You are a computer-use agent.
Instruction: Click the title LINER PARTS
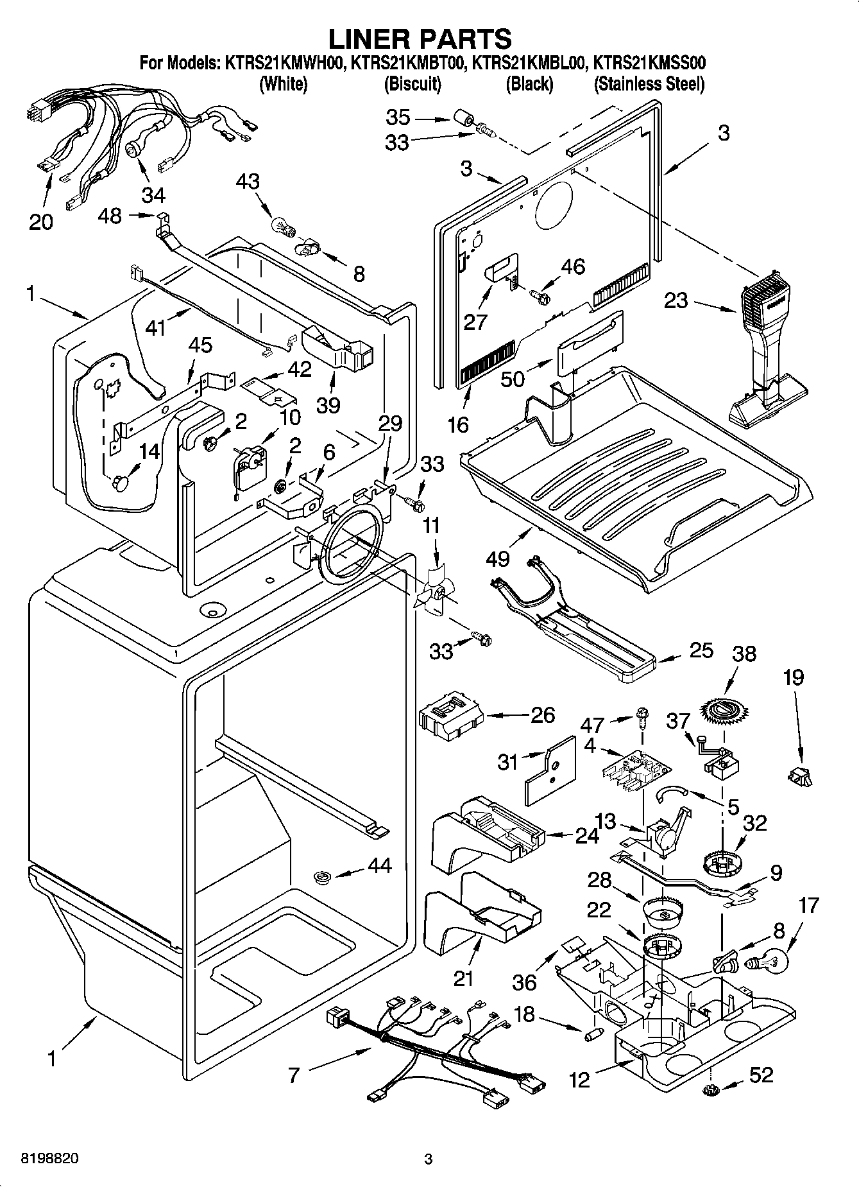point(420,39)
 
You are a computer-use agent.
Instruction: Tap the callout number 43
point(248,182)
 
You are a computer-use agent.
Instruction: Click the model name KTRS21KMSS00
point(649,64)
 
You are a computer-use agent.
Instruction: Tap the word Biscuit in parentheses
point(412,84)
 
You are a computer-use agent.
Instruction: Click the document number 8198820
point(44,1159)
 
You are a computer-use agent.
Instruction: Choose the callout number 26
point(543,715)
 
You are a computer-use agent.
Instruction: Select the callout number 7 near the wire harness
point(294,1075)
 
